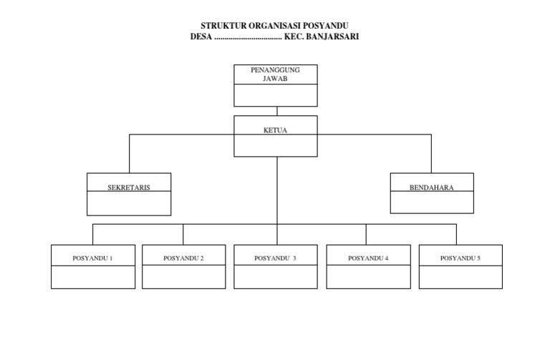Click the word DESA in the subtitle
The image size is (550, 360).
point(201,36)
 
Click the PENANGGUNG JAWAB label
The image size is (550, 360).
point(276,74)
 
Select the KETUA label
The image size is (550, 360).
point(276,131)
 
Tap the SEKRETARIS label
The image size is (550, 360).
point(129,188)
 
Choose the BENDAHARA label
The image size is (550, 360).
point(432,188)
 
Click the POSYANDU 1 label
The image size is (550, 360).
point(93,258)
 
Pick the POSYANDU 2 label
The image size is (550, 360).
point(184,258)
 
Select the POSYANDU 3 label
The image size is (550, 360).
point(276,258)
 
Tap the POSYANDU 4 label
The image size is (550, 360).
point(368,258)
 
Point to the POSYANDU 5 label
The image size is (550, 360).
point(460,258)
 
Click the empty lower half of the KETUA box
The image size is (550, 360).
point(276,146)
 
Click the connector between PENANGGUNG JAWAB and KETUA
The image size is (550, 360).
point(276,111)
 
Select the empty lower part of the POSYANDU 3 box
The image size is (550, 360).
point(276,277)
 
